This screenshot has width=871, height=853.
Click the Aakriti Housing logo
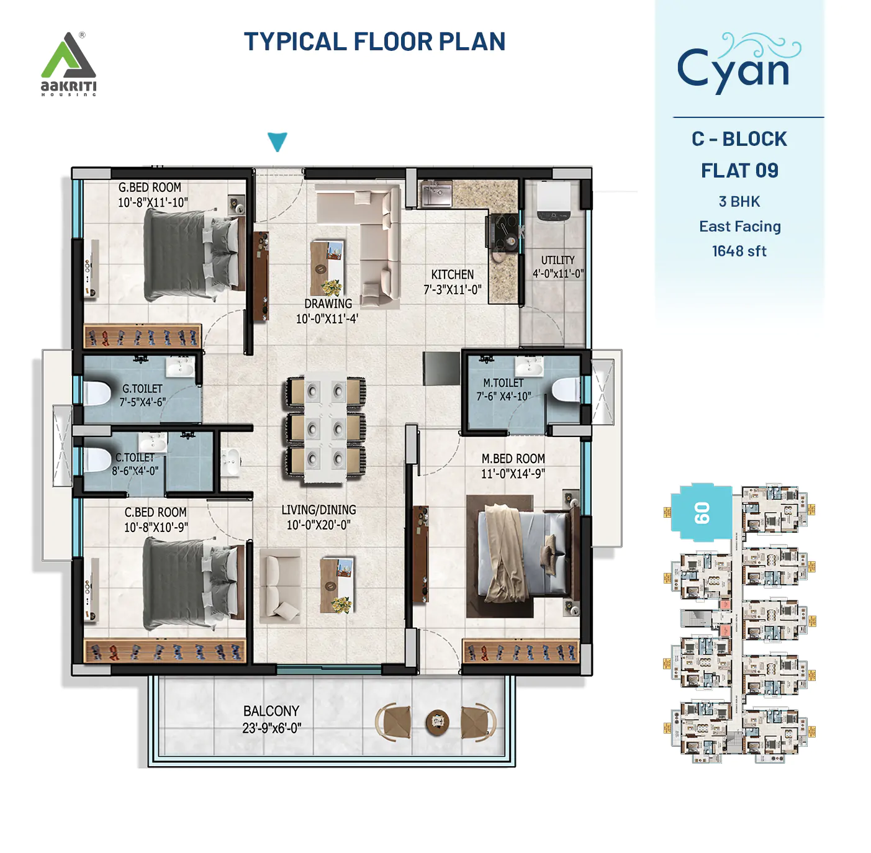pos(68,64)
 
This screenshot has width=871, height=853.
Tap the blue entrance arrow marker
pos(277,141)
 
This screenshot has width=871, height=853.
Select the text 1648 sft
pos(739,251)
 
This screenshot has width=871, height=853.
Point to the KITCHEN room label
pos(452,274)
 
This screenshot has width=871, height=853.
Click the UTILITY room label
pos(557,260)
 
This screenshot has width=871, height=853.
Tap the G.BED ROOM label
pos(150,187)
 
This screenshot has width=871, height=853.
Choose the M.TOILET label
pos(503,383)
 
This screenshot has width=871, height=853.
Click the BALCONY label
pos(271,711)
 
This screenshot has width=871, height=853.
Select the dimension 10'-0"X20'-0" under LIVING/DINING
pos(318,525)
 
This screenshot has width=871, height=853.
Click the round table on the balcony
pos(437,721)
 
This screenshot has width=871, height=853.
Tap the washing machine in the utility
pos(553,201)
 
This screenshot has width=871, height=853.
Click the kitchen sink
pos(437,193)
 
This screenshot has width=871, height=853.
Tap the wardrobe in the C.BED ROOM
pos(165,651)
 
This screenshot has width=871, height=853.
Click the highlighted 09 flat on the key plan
pos(702,513)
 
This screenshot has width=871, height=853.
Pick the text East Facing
pos(739,227)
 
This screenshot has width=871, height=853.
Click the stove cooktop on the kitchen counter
pos(503,231)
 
